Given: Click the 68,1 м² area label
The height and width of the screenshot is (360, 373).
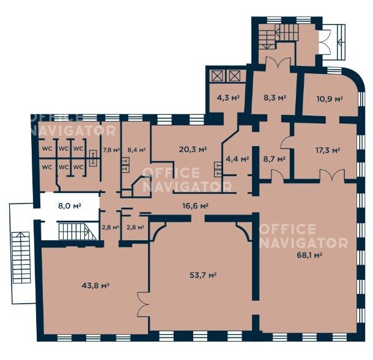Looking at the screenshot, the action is pyautogui.click(x=309, y=255).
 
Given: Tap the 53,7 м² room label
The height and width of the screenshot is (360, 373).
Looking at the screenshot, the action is pyautogui.click(x=203, y=276).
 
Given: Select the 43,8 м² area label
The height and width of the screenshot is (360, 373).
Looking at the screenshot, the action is pyautogui.click(x=95, y=285).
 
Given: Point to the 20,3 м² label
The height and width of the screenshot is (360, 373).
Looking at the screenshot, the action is pyautogui.click(x=193, y=150).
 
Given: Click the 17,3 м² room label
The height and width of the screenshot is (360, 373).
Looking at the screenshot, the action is pyautogui.click(x=327, y=150).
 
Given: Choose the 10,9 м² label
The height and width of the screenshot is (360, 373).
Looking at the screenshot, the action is pyautogui.click(x=330, y=99).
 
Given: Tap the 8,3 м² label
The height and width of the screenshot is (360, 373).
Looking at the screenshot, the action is pyautogui.click(x=275, y=98).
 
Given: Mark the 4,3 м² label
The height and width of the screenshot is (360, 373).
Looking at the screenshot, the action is pyautogui.click(x=228, y=98).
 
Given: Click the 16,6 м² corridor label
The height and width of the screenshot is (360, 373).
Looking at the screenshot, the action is pyautogui.click(x=195, y=206).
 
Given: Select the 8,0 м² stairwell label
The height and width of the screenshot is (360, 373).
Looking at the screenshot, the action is pyautogui.click(x=70, y=206).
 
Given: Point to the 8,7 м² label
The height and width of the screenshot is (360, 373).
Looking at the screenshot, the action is pyautogui.click(x=275, y=159).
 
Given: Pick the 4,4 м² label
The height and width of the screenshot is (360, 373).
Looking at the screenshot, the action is pyautogui.click(x=237, y=158).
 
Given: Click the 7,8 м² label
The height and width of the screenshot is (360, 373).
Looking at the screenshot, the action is pyautogui.click(x=111, y=150).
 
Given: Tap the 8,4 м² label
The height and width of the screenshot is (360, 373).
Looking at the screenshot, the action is pyautogui.click(x=136, y=150).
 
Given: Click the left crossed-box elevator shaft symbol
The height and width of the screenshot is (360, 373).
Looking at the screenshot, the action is pyautogui.click(x=218, y=76).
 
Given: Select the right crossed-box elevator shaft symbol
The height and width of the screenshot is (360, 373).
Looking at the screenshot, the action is pyautogui.click(x=235, y=76).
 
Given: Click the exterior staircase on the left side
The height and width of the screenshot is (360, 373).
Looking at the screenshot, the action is pyautogui.click(x=21, y=258).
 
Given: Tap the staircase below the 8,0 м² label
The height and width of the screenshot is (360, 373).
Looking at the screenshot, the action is pyautogui.click(x=78, y=232).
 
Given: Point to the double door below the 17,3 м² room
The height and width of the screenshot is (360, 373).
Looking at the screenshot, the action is pyautogui.click(x=332, y=175).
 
